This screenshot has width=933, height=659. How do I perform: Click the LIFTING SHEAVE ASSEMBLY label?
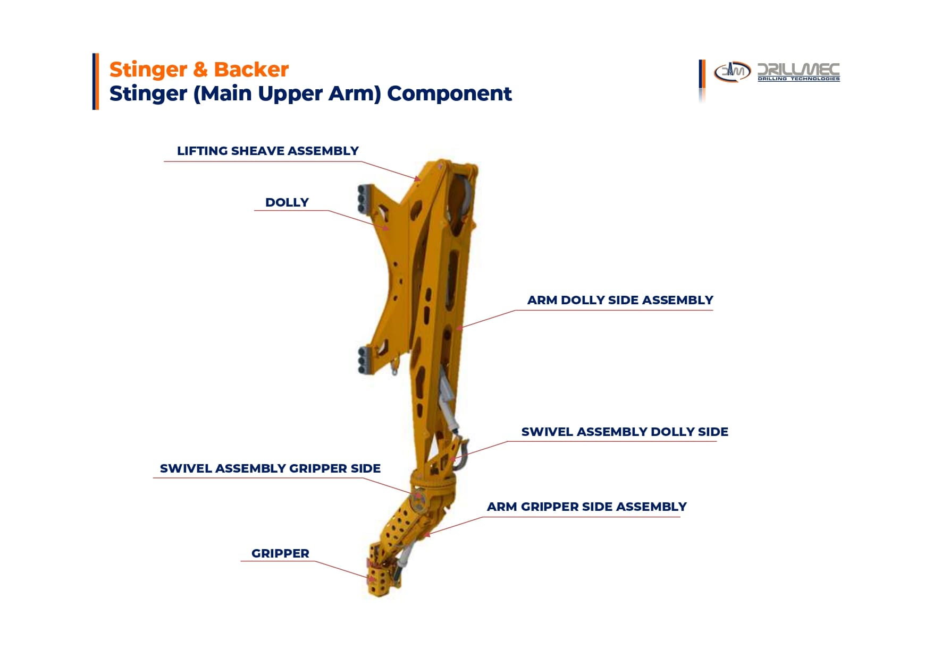pos(268,151)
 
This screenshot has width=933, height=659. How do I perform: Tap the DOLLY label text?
pos(287,202)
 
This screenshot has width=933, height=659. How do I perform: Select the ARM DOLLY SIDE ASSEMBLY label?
pos(620,300)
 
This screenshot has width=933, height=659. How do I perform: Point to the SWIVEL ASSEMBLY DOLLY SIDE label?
pos(625,432)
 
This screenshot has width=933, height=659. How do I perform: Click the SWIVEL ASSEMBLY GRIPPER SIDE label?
pos(270,468)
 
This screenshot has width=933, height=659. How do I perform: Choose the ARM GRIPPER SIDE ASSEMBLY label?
pos(586,507)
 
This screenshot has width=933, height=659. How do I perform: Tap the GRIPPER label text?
pos(280,553)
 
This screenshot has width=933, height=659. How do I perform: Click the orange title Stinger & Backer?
pos(199,70)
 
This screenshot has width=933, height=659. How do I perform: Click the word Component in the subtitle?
pos(449,93)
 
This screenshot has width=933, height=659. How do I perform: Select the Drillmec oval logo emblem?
pos(732,72)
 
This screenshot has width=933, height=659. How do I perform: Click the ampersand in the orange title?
pos(200,70)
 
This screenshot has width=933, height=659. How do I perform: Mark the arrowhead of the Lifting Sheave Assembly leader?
pos(418,179)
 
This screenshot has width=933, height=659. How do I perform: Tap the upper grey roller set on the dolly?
pos(364,198)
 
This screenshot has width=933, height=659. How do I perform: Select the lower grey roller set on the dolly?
pos(364,360)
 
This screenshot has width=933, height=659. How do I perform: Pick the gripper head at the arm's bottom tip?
pos(379,579)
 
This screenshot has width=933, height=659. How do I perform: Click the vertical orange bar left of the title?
pos(96,81)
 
